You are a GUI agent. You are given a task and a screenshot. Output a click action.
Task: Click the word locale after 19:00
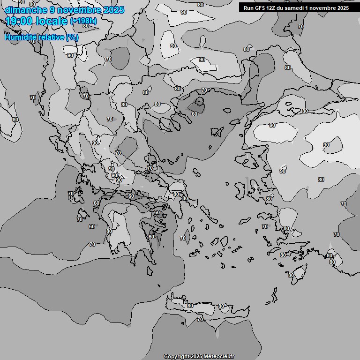point(53,22)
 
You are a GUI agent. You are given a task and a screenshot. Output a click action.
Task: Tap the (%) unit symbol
point(72,37)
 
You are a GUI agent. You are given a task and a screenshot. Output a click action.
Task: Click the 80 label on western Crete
point(190,306)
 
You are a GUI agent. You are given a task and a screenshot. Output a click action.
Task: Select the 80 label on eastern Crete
point(221,306)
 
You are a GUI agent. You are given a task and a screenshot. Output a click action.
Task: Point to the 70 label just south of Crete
point(200,319)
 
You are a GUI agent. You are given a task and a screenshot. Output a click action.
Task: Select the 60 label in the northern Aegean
point(194,114)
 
